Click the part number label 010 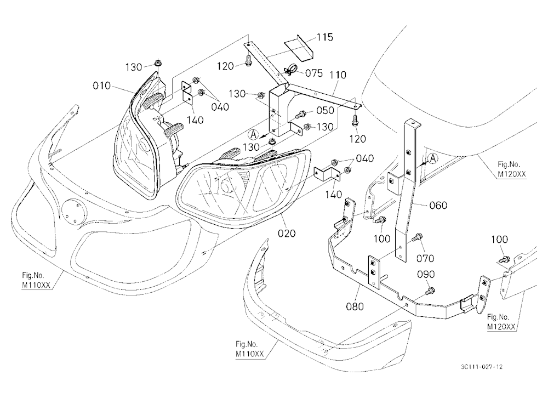[102, 86]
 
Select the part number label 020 [287, 233]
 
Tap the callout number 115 [324, 37]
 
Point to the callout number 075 [313, 73]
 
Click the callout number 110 [338, 75]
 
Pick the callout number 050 [325, 111]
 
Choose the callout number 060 [438, 205]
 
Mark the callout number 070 [425, 258]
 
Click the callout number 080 [355, 306]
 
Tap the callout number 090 [426, 275]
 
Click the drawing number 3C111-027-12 [482, 367]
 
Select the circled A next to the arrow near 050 [253, 134]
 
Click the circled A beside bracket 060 [433, 158]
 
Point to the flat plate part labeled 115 [299, 46]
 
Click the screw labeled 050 [300, 115]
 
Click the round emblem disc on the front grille [73, 211]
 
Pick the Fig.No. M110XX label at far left [36, 281]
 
